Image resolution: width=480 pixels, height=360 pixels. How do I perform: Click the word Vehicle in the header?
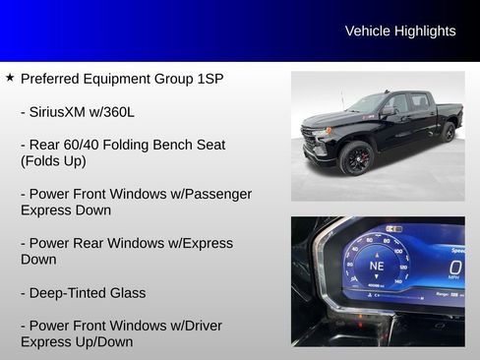[368, 31]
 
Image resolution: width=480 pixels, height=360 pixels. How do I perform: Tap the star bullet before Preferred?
[10, 77]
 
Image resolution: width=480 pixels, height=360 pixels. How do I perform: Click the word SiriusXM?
[65, 111]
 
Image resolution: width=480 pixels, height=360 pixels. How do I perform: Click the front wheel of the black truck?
[355, 157]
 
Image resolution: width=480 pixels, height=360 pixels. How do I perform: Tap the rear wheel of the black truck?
[448, 132]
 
